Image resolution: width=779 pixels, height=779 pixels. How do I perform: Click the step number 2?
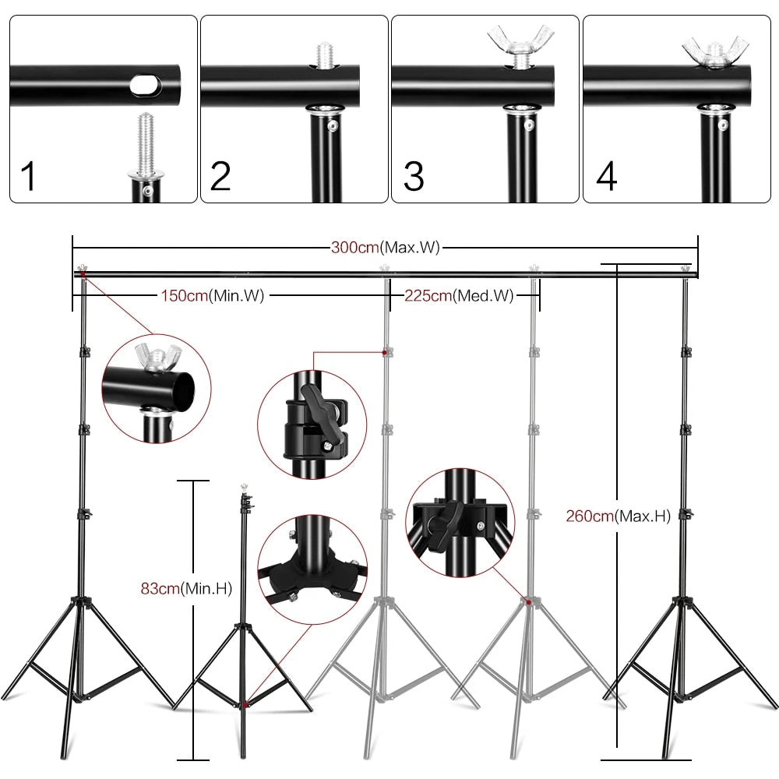pyautogui.click(x=220, y=176)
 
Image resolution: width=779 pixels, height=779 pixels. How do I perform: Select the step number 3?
pyautogui.click(x=414, y=176)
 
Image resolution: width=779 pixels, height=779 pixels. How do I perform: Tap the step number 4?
pyautogui.click(x=606, y=176)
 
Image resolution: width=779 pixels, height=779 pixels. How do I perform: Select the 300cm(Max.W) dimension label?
pyautogui.click(x=385, y=249)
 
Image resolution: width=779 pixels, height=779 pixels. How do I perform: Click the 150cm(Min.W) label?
pyautogui.click(x=213, y=296)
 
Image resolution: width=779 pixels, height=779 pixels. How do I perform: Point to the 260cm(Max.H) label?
pyautogui.click(x=619, y=515)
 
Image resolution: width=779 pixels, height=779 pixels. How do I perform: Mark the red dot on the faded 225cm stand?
pyautogui.click(x=530, y=601)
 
